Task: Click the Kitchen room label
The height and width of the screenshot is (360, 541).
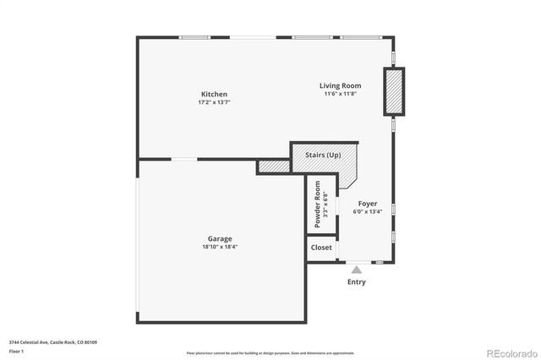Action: tap(214, 94)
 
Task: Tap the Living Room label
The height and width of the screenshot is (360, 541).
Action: tap(340, 85)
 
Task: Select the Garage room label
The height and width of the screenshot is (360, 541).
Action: tap(220, 239)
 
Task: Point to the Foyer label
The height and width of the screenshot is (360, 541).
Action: tap(367, 204)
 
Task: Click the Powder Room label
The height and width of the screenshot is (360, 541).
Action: tap(318, 206)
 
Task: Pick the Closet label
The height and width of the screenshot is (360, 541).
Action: tap(321, 248)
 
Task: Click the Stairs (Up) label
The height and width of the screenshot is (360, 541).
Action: tap(323, 155)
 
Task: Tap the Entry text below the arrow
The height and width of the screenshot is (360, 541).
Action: tap(357, 282)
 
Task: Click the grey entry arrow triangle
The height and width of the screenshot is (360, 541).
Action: tap(357, 270)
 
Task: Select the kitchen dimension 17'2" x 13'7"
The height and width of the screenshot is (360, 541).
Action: tap(214, 102)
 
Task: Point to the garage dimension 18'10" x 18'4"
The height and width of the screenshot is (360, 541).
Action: tap(220, 247)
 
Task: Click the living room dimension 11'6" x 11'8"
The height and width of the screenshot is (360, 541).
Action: tap(340, 94)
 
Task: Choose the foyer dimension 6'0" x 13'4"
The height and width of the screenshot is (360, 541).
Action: tap(367, 212)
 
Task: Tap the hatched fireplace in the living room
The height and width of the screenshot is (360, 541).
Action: tap(394, 93)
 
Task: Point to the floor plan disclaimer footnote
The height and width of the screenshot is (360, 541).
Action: tap(270, 352)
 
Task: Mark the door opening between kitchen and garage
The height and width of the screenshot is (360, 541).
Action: tap(184, 159)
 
